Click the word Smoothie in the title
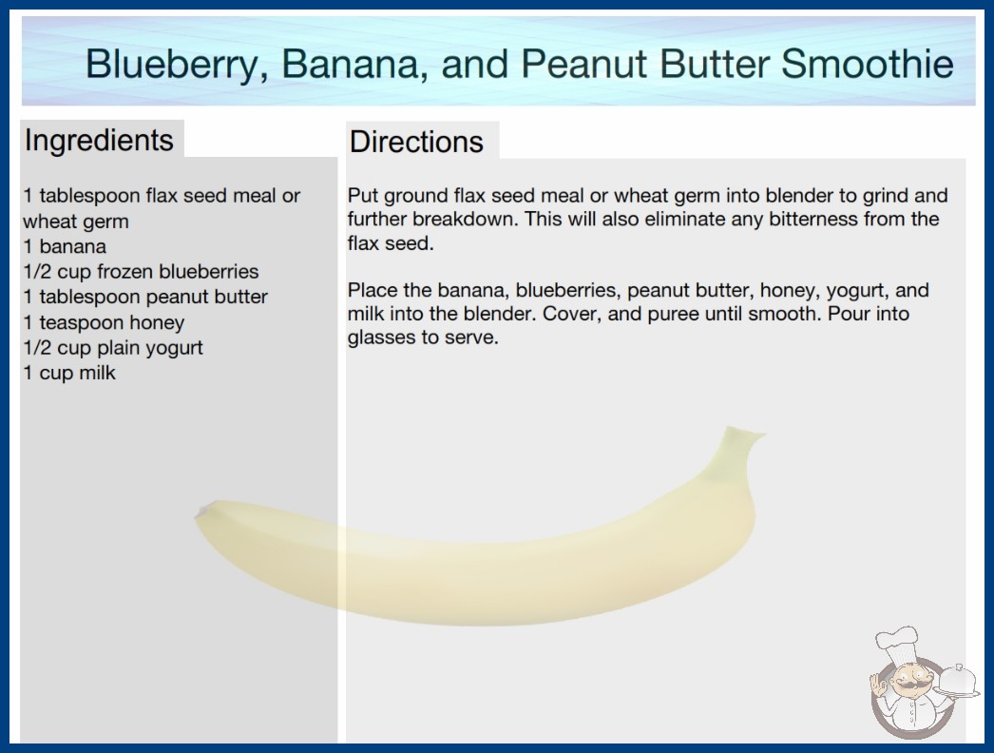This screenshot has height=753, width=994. click(x=867, y=64)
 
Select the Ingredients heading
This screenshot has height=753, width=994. click(x=99, y=141)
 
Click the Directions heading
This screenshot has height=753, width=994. click(x=416, y=142)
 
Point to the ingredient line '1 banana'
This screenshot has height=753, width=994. click(x=65, y=246)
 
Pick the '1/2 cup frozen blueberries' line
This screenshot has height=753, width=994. click(x=141, y=272)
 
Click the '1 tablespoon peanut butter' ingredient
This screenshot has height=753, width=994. click(x=145, y=297)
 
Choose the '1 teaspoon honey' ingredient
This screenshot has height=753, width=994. click(x=104, y=322)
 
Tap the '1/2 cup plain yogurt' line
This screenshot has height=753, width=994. click(x=113, y=348)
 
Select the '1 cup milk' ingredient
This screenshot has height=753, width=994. click(x=69, y=373)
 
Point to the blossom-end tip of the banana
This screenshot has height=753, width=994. click(x=201, y=511)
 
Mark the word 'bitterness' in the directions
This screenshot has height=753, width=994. click(x=809, y=219)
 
